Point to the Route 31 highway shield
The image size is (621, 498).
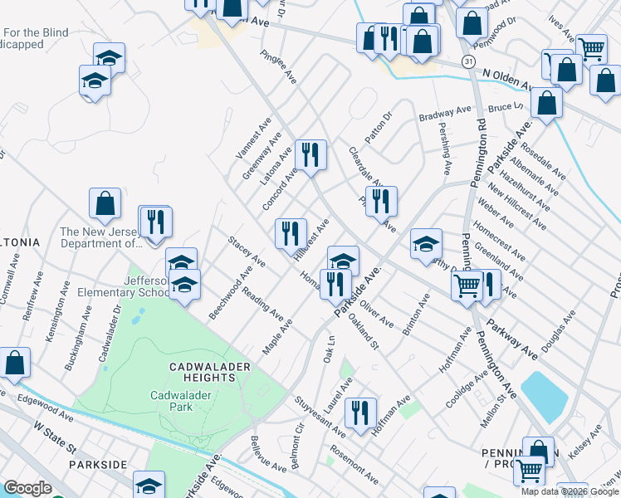coord(470,63)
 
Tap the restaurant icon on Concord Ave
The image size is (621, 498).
coord(310,155)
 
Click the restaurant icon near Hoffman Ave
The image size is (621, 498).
coord(359,413)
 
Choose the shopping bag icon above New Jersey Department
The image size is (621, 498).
coord(105,203)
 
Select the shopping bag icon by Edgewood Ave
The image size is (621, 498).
coord(14,363)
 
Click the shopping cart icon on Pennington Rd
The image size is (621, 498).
coord(467,286)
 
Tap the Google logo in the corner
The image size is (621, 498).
coord(27,488)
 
